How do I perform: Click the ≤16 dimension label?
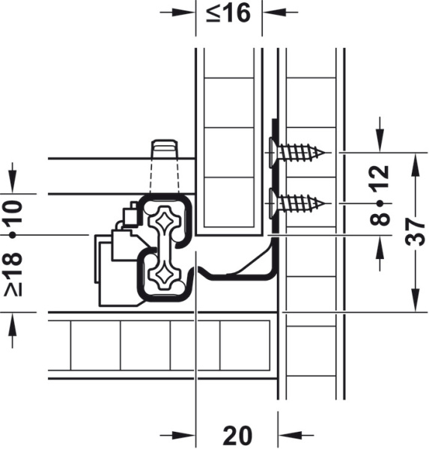228,13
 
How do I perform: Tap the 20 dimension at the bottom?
237,436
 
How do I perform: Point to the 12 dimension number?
380,177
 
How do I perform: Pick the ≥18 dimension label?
13,274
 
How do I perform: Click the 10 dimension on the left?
13,212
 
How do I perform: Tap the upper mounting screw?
296,153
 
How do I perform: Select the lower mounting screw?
296,204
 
